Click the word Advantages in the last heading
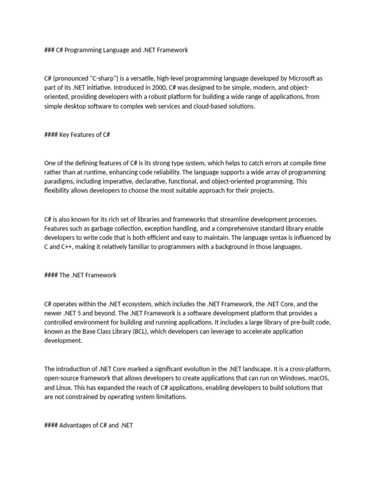[x=75, y=426]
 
